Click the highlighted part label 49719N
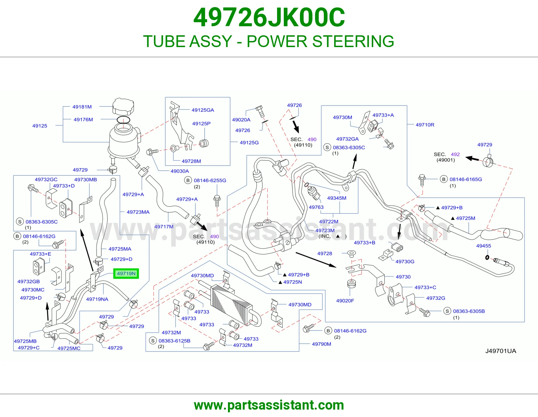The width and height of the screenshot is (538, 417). coord(126,273)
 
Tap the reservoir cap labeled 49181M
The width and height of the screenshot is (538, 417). coord(123,106)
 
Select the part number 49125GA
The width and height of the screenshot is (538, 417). coord(202,110)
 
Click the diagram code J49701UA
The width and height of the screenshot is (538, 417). coord(501,351)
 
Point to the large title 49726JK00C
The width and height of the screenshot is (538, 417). coord(269,17)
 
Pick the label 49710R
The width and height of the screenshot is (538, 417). coord(425,125)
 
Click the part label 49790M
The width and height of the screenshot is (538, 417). coord(321,344)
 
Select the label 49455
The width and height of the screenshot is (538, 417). coord(484,245)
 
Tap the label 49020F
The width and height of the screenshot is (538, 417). coord(345,301)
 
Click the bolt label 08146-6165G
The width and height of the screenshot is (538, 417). coord(466,179)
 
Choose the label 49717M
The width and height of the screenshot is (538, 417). coord(164,227)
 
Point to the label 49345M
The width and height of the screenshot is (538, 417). coord(337,198)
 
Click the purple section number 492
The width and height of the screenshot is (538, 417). coord(455,154)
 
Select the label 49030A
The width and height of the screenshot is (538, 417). coord(180,171)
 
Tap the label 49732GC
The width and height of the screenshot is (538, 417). coord(46,180)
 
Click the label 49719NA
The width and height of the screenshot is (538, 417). coord(97,299)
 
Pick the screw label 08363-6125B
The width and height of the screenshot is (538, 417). coord(174,341)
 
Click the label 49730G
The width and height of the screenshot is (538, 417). coord(405,262)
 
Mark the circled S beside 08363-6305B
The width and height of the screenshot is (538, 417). coord(447,311)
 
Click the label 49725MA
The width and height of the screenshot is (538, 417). coord(120,249)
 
